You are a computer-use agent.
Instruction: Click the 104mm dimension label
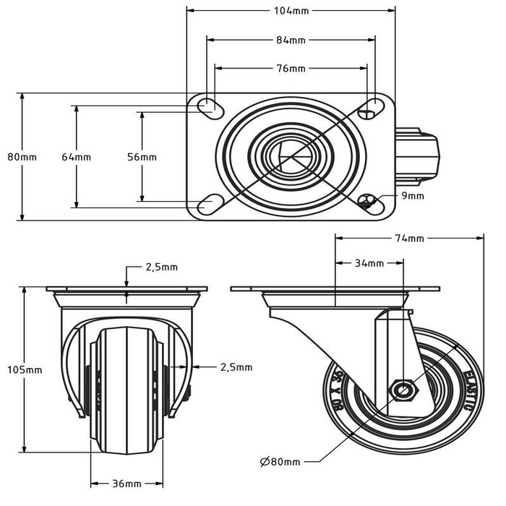coord(292,11)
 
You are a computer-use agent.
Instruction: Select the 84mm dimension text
coord(292,40)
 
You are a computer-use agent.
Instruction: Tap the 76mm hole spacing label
coord(292,69)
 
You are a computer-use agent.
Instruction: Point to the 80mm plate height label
coord(22,157)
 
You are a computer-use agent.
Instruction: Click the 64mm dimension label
coord(76,157)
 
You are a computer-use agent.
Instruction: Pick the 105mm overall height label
coord(26,369)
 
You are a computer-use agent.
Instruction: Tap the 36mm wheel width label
coord(126,484)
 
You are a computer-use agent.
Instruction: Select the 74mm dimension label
coord(410,238)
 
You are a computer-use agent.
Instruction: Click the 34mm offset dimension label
coord(369,263)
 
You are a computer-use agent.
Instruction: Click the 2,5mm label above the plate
coord(161,267)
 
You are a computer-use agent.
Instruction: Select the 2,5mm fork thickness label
coord(236,367)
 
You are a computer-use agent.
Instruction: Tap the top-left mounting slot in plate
coord(210,107)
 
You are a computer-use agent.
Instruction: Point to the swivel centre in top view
coord(291,155)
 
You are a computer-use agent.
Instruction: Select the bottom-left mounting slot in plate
coord(210,205)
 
